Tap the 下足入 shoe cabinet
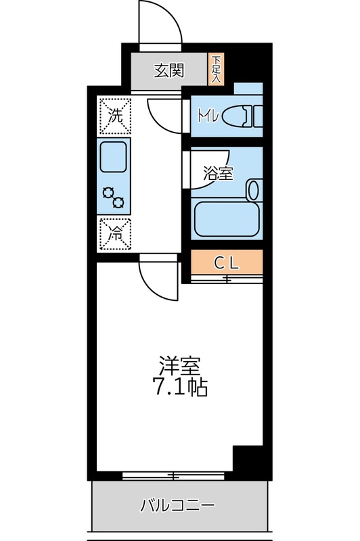click(216, 69)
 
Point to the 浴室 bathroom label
click(218, 173)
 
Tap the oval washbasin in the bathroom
click(254, 189)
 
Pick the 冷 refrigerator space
click(116, 235)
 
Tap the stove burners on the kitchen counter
click(114, 196)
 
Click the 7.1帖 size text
click(179, 388)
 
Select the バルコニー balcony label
click(178, 505)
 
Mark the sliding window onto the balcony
click(175, 476)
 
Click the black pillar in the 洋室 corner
click(248, 462)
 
